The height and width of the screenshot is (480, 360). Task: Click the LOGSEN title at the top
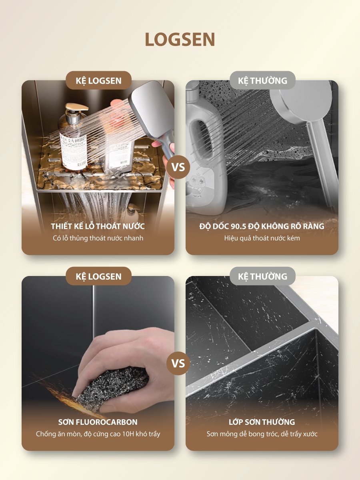tap(180, 39)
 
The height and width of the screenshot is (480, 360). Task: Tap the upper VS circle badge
tap(178, 167)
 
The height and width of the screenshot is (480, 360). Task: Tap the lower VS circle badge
tap(178, 364)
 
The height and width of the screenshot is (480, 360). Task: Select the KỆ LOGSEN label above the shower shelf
tap(98, 80)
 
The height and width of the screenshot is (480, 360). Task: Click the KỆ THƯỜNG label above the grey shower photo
tap(262, 80)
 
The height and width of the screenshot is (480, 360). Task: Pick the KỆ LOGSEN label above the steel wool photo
tap(98, 276)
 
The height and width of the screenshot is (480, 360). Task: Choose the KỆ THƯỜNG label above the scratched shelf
tap(262, 276)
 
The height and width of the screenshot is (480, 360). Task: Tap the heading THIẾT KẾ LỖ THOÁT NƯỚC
tap(98, 226)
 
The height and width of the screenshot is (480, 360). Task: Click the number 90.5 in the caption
tap(239, 226)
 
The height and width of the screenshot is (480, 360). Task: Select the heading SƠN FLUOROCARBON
tap(98, 422)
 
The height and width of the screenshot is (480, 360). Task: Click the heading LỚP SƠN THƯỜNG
tap(262, 422)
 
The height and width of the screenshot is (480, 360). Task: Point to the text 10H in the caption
tap(128, 434)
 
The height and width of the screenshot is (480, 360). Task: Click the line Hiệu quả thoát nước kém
tap(262, 238)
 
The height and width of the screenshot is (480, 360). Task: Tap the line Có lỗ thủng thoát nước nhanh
tap(98, 238)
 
